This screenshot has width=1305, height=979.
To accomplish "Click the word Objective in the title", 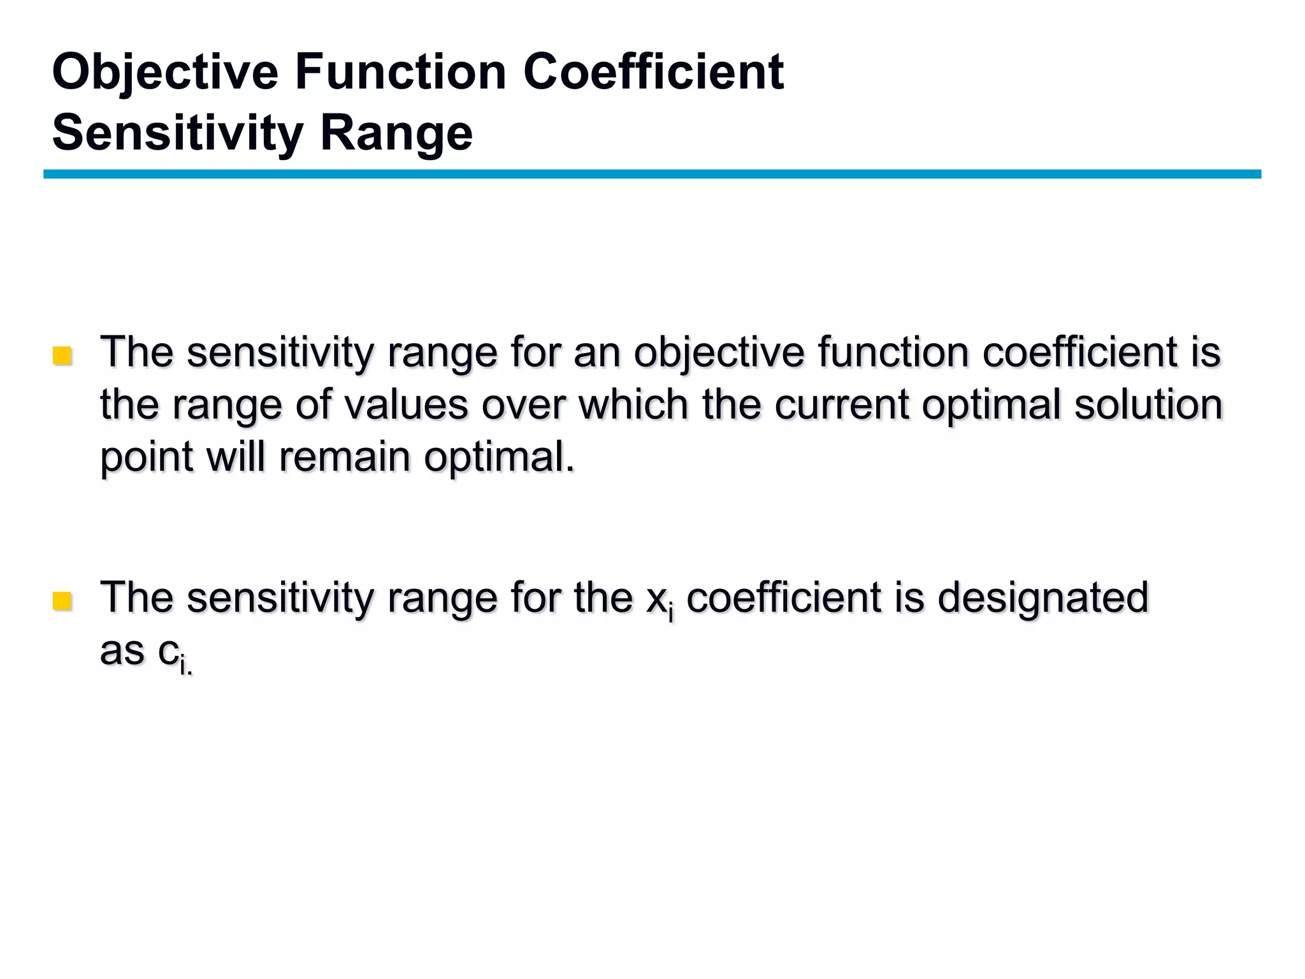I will point(165,73).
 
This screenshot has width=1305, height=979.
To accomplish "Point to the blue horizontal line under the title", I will point(652,174).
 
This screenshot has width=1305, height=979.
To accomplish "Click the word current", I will point(841,405).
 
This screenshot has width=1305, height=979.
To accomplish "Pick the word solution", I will point(1148,405).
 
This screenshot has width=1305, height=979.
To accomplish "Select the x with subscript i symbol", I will point(659,600).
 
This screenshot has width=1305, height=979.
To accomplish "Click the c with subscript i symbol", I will point(173,654).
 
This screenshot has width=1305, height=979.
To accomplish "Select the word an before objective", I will point(596,352).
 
